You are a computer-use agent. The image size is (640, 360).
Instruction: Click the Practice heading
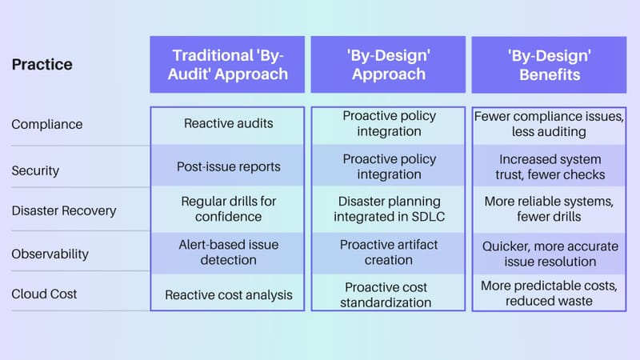[x=42, y=64]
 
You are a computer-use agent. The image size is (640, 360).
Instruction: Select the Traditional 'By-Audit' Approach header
[x=227, y=65]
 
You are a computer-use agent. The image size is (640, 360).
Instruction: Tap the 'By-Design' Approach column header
[x=388, y=65]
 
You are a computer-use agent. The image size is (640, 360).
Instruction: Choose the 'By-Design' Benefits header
[x=548, y=65]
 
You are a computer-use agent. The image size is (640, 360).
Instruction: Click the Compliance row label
[x=46, y=125]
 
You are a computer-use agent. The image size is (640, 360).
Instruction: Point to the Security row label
[x=35, y=170]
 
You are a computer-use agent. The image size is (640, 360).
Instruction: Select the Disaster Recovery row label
[x=64, y=211]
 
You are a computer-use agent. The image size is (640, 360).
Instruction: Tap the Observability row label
[x=50, y=254]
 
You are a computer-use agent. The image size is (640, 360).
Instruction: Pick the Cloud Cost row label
[x=44, y=294]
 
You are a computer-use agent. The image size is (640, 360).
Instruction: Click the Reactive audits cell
[x=227, y=123]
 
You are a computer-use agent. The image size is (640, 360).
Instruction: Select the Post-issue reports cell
[x=227, y=167]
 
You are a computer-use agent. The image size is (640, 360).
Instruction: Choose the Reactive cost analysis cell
[x=228, y=295]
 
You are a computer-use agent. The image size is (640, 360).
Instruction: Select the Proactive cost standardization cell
[x=388, y=294]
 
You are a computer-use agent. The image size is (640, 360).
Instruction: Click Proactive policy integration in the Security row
[x=388, y=166]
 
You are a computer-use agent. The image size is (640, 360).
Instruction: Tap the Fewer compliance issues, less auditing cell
[x=548, y=124]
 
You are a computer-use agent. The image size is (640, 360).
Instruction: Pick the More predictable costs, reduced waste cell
[x=548, y=293]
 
